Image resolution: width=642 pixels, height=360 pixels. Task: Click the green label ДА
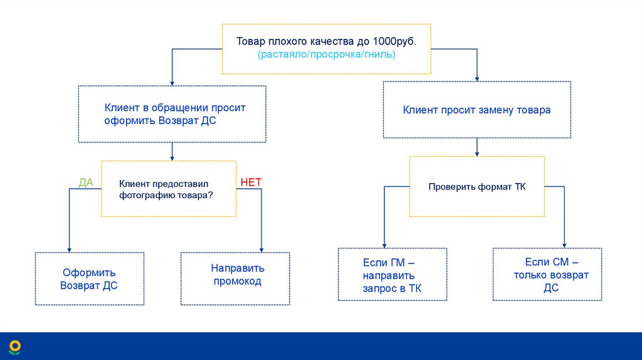[x=86, y=183]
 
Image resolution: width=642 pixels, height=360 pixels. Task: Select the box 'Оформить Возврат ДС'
[x=89, y=279]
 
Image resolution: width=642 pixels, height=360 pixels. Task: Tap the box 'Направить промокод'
[x=236, y=279]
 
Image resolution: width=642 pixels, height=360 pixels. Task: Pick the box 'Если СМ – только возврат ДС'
[x=547, y=275]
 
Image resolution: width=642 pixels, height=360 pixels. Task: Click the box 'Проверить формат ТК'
[x=476, y=187]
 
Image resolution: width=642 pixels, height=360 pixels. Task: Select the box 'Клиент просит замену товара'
[x=476, y=110]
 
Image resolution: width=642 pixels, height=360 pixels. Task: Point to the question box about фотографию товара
[x=169, y=189]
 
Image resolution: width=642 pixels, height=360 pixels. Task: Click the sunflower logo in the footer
[x=15, y=346]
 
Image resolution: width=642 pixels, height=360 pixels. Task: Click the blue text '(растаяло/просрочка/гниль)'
[x=326, y=55]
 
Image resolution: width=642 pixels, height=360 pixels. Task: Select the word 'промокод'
[x=237, y=282]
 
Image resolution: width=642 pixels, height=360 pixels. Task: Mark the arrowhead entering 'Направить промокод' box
[x=261, y=249]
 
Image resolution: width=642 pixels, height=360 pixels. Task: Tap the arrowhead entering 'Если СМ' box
[x=564, y=245]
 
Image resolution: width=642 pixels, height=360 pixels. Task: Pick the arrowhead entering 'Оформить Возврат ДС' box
[x=69, y=249]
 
